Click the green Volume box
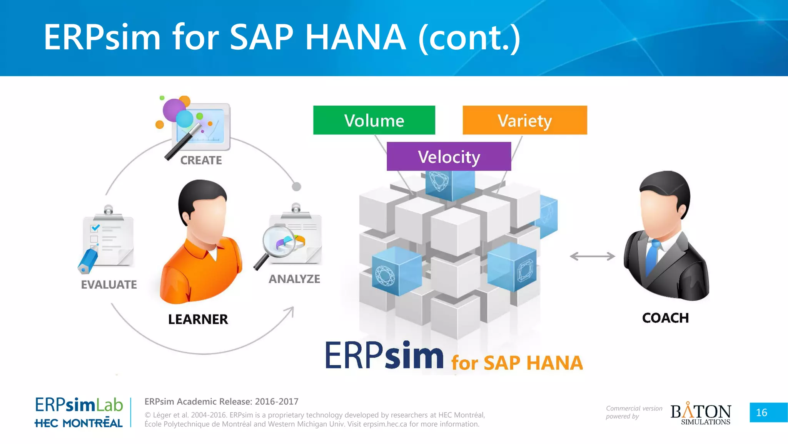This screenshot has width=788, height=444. (374, 120)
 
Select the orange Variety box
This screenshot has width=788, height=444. (524, 120)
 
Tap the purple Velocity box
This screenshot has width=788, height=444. (449, 156)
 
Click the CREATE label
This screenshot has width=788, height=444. (201, 160)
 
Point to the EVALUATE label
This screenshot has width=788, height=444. (109, 284)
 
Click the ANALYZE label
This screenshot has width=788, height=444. (294, 279)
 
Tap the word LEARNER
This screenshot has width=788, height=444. (198, 319)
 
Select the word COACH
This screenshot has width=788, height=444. (665, 318)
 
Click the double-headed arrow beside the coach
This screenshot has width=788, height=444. (592, 256)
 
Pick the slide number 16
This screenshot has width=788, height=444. (761, 412)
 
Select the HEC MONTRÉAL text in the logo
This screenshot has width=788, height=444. (78, 423)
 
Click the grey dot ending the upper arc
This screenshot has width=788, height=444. (296, 187)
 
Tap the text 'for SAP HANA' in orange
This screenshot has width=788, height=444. (517, 363)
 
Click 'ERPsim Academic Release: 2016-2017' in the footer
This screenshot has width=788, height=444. (221, 402)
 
